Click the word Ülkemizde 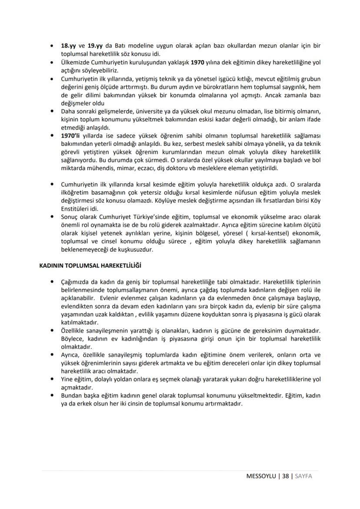(x=76, y=63)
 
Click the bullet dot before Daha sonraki (x=52, y=111)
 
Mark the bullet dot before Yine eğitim (x=52, y=379)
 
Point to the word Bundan (x=72, y=396)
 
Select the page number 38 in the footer (x=286, y=476)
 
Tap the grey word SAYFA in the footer (x=303, y=476)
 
